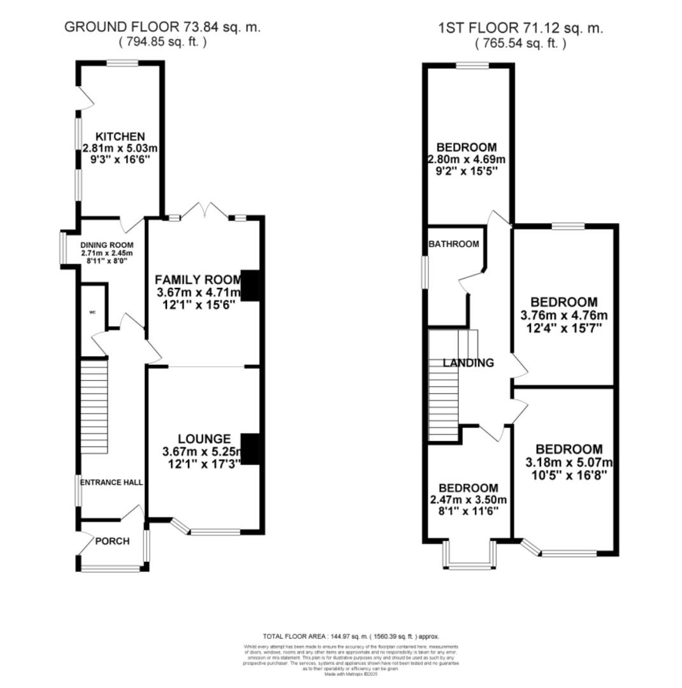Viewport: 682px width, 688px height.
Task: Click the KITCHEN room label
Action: [120, 136]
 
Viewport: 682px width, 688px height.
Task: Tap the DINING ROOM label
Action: [106, 245]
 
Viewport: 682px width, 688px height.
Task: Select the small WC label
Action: [92, 313]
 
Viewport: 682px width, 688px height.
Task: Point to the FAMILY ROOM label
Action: [198, 280]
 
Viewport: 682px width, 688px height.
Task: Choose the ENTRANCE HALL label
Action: [111, 482]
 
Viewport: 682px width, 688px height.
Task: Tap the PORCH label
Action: [112, 541]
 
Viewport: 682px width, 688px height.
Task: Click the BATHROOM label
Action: [453, 244]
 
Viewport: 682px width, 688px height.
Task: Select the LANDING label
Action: [468, 363]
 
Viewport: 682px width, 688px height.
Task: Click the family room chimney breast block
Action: [251, 285]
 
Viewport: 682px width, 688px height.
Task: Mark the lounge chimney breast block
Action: [251, 449]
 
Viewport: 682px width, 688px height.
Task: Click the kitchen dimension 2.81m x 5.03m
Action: [120, 148]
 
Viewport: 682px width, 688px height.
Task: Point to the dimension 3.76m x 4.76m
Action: [564, 315]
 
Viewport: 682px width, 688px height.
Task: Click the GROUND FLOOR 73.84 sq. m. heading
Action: [163, 27]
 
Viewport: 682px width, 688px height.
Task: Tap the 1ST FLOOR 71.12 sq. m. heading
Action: [519, 28]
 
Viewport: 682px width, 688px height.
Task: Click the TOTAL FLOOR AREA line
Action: [351, 636]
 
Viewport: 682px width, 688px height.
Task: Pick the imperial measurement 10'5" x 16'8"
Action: [564, 475]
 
